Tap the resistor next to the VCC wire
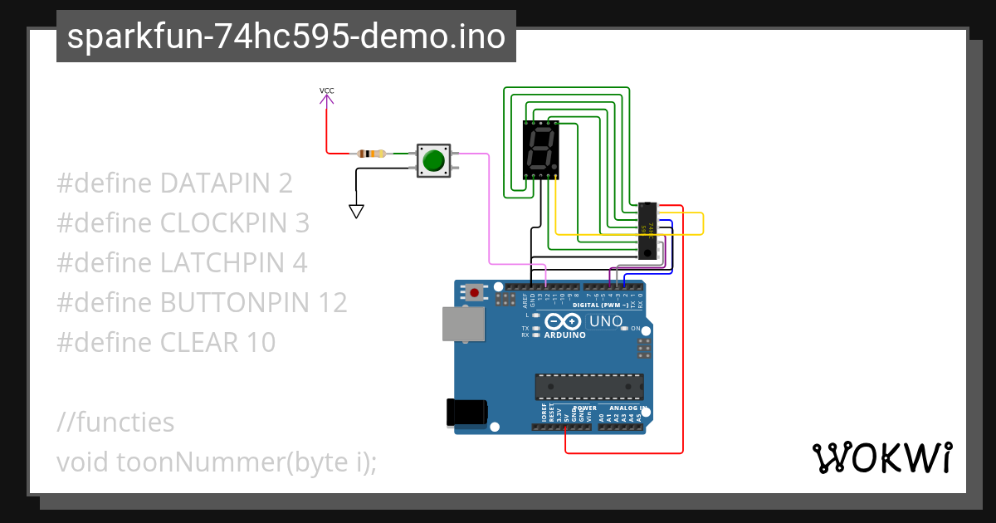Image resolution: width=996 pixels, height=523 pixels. point(371,154)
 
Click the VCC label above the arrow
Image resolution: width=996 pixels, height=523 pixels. point(327,90)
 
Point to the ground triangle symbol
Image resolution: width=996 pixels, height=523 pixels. point(356,211)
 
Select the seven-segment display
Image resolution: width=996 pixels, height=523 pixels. point(541,149)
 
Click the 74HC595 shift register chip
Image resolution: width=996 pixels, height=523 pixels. point(647,229)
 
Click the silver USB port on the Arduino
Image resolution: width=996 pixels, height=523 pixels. point(464,324)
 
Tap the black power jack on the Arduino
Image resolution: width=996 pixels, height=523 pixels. point(465,413)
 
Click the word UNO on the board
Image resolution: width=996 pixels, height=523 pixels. point(605,321)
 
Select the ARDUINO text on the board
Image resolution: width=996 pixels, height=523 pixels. point(565,335)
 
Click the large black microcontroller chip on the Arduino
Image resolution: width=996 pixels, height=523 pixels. point(589,387)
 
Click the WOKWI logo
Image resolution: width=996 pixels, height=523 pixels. point(881,458)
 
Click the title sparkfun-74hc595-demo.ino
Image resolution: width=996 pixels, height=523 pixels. point(286,37)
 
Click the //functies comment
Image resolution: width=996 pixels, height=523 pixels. point(115,423)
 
